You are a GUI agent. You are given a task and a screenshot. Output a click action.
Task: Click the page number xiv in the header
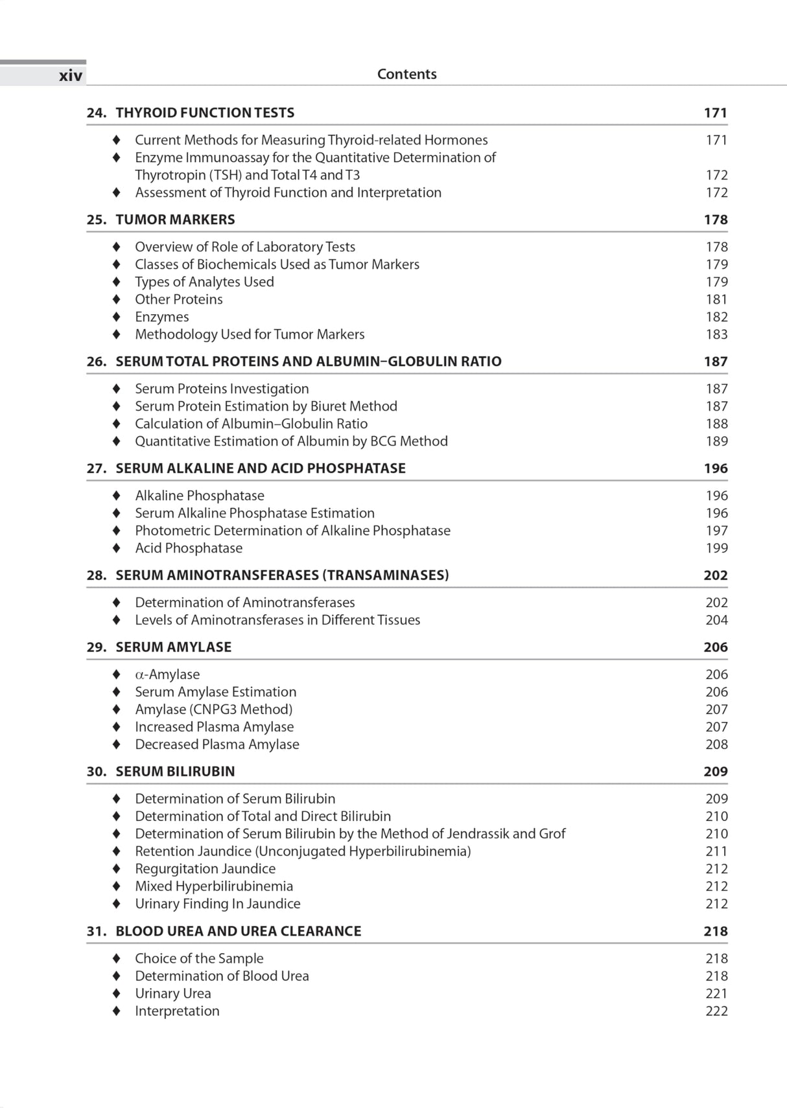click(x=71, y=76)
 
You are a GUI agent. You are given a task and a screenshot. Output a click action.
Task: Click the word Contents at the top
click(x=406, y=74)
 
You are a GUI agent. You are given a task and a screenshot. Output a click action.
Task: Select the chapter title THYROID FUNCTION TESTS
click(x=204, y=113)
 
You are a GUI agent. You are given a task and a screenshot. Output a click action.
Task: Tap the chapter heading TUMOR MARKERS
click(x=175, y=220)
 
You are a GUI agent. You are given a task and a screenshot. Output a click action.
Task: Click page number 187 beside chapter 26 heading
click(x=715, y=362)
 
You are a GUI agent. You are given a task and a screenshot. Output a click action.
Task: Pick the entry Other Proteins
click(x=178, y=299)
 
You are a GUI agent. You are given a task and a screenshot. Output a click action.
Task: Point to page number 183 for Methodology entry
click(x=716, y=334)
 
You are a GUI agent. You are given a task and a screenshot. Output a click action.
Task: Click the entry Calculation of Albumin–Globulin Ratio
click(x=251, y=424)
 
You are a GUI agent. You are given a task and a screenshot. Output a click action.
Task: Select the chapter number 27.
click(x=96, y=468)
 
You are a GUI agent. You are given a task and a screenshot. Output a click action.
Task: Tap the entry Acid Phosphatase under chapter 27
click(x=188, y=548)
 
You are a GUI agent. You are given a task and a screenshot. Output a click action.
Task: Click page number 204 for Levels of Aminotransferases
click(x=716, y=620)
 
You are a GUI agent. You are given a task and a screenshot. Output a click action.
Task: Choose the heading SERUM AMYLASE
click(x=173, y=647)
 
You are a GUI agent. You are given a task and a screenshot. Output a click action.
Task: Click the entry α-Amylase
click(x=167, y=675)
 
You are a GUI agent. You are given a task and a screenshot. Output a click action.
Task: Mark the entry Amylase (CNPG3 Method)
click(x=213, y=710)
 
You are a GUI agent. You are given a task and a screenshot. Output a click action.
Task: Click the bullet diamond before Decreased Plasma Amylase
click(x=116, y=744)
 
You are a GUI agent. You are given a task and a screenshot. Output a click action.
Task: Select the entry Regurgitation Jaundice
click(x=205, y=869)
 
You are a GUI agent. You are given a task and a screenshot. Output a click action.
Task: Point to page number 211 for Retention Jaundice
click(x=716, y=851)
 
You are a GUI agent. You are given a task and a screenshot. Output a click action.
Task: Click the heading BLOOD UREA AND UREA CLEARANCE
click(x=238, y=931)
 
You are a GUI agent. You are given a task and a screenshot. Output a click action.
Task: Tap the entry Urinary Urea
click(x=172, y=993)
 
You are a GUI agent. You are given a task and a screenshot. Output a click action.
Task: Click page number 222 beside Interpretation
click(x=716, y=1011)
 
